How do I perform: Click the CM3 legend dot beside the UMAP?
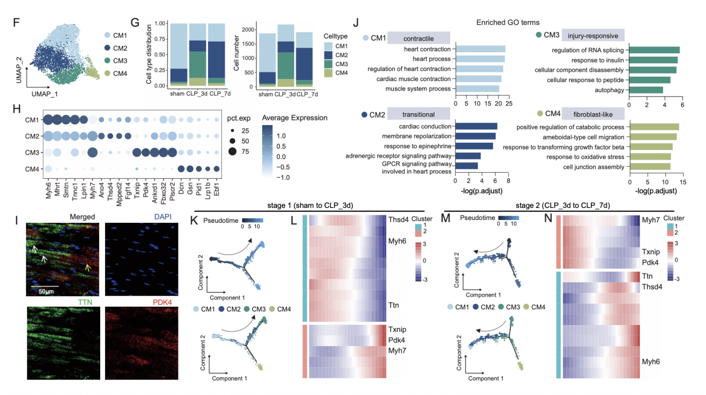[107, 60]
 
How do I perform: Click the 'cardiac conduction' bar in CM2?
[476, 126]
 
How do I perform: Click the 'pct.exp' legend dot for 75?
[232, 151]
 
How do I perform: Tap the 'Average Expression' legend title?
[294, 117]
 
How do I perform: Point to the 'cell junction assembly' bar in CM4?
[648, 166]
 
